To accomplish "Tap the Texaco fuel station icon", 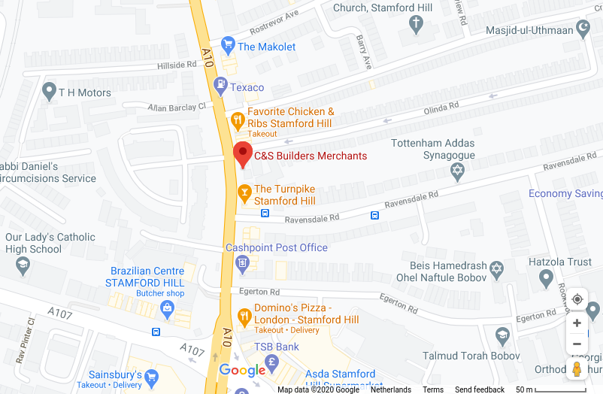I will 220,86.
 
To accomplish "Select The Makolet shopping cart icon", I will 228,46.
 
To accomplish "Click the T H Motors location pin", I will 50,92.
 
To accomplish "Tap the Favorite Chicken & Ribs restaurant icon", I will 238,119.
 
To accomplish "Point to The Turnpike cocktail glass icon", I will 244,194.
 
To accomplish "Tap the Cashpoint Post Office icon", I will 242,262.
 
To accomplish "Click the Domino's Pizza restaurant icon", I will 244,317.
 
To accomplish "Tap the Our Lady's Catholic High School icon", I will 23,264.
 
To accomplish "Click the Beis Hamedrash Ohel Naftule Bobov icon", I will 496,268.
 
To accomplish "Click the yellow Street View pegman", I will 577,369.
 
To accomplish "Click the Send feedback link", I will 480,389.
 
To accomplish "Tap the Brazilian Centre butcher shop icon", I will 166,308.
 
